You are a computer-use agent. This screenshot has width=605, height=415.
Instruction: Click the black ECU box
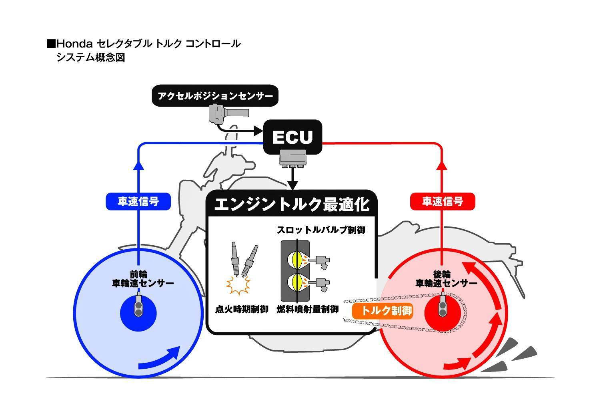point(292,137)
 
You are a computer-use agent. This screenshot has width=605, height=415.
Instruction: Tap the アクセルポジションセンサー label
point(215,96)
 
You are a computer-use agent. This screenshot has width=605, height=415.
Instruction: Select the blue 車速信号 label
point(138,201)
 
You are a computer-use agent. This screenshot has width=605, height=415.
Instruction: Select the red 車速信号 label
point(443,201)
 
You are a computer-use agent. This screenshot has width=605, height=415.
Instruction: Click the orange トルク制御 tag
point(383,310)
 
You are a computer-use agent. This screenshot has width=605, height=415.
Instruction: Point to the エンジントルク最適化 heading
point(292,204)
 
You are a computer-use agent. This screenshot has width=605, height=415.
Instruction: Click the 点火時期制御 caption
point(241,310)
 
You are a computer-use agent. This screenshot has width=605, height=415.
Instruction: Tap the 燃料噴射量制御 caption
point(308,310)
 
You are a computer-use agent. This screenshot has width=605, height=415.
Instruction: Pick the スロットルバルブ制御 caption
point(321,230)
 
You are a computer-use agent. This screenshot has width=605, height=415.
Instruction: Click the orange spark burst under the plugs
point(238,284)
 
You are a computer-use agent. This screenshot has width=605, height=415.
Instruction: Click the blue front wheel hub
point(138,313)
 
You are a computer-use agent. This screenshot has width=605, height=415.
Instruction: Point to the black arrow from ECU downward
point(293,180)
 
